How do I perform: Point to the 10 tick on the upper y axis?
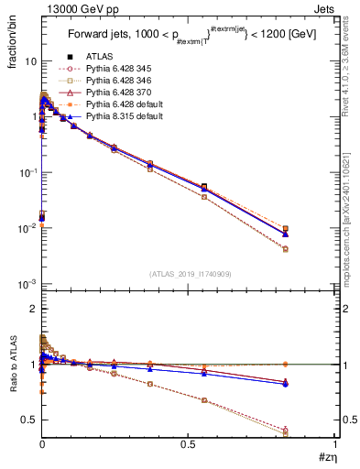point(29,60)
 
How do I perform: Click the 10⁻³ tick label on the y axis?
point(27,284)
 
